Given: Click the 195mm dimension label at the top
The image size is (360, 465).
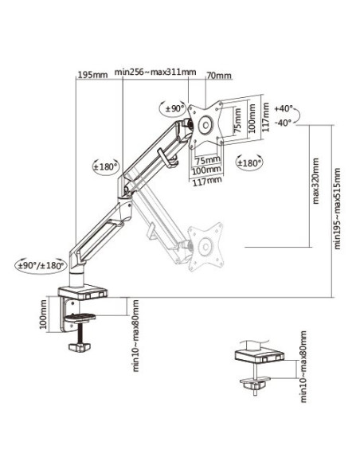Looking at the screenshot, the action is click(x=92, y=74).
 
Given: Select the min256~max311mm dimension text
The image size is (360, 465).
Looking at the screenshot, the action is click(x=155, y=72).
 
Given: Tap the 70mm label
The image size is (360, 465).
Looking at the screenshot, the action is click(x=219, y=76).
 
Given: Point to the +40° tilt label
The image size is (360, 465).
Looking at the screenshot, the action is click(x=284, y=108).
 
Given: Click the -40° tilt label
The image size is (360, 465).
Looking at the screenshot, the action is click(x=284, y=122).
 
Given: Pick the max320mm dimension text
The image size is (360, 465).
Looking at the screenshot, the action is click(x=316, y=181).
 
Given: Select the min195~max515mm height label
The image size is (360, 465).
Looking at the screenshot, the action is click(x=338, y=209).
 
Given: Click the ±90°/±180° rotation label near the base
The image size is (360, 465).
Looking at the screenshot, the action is click(x=41, y=265).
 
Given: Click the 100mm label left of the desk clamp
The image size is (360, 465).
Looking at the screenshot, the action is click(x=43, y=315).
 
